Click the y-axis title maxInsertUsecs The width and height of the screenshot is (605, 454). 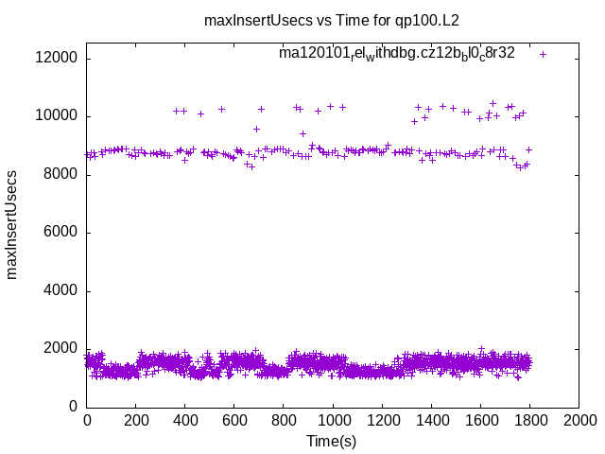click(x=12, y=225)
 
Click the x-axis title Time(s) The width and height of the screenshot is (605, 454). click(x=331, y=441)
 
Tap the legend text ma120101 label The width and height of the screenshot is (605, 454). click(x=396, y=54)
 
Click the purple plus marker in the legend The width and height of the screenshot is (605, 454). click(x=543, y=54)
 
